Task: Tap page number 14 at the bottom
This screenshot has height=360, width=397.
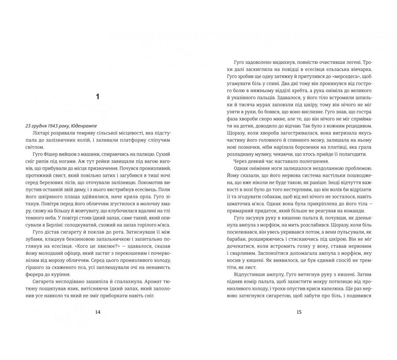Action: coord(97,312)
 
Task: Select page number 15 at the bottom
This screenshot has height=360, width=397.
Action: coord(299,312)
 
